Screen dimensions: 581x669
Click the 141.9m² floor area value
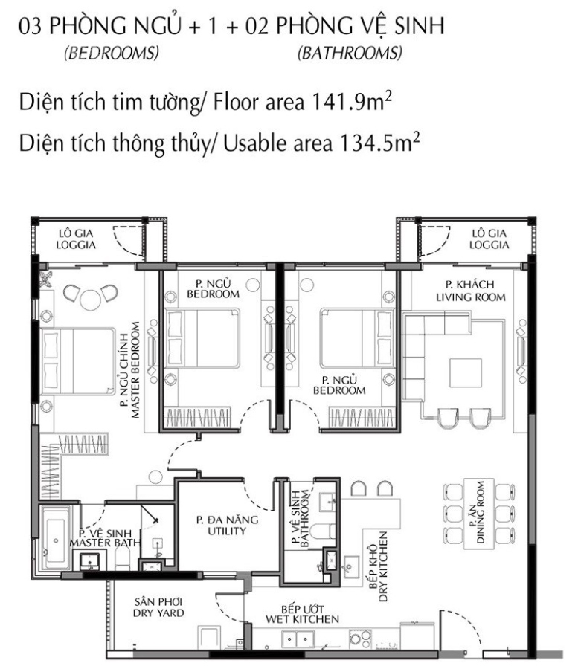point(352,102)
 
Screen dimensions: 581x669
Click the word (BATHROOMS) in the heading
point(350,53)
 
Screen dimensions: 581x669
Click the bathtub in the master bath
point(56,540)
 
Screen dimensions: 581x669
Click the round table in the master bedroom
point(91,299)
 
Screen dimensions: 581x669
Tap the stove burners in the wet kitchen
point(360,638)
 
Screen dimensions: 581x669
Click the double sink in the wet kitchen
point(298,639)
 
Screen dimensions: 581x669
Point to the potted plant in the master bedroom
point(45,279)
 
